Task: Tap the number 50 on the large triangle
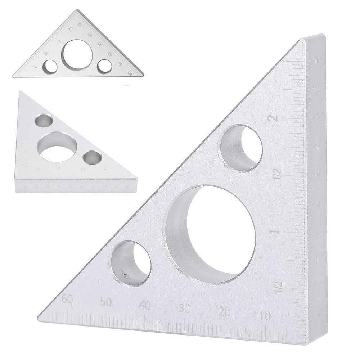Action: (x=106, y=302)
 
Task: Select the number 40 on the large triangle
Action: (x=145, y=306)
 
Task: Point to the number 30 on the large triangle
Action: (x=184, y=309)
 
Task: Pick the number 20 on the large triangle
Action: (x=224, y=312)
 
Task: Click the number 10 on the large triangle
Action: (x=265, y=316)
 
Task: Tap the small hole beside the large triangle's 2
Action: (x=240, y=148)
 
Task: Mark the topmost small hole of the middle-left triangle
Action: (x=44, y=120)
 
